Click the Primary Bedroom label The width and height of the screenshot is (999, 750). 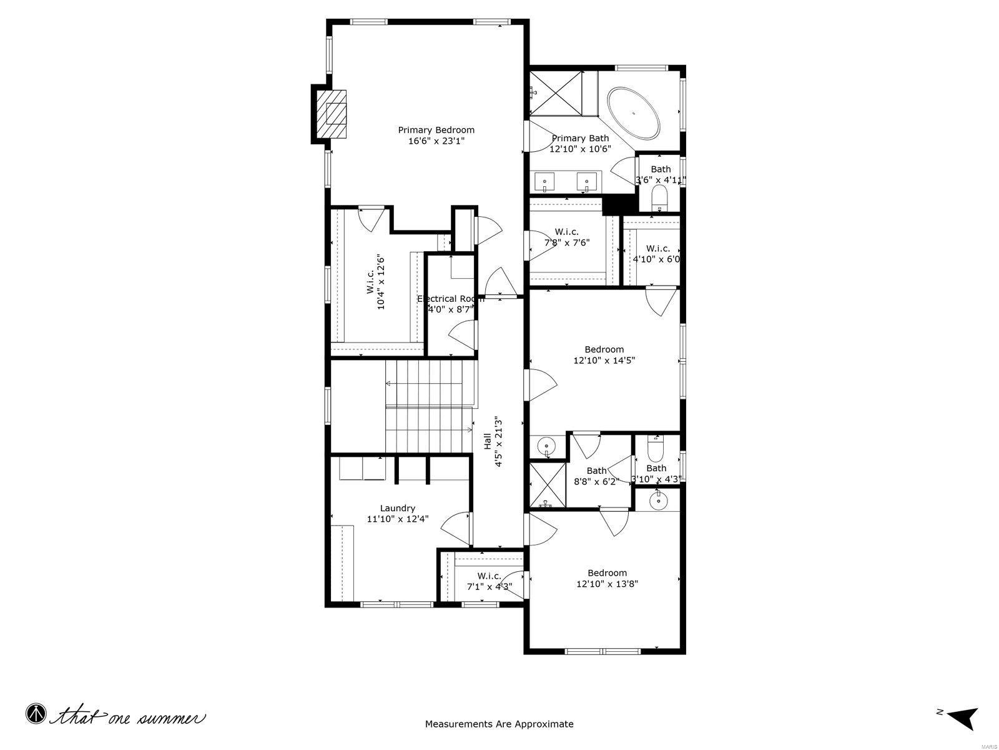[436, 130]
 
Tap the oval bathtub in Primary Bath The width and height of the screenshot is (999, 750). [633, 113]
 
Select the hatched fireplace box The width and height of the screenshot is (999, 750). [330, 114]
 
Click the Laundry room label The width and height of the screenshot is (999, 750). [398, 508]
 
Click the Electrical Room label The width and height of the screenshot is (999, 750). [450, 299]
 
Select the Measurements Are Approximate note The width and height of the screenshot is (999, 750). [499, 724]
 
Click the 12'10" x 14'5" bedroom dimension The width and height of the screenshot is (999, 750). [604, 360]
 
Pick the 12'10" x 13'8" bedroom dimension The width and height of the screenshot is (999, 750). [607, 584]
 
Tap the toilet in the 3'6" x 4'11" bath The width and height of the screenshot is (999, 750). [659, 201]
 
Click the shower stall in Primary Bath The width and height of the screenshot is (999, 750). [556, 93]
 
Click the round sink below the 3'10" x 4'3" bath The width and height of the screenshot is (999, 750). [658, 501]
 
